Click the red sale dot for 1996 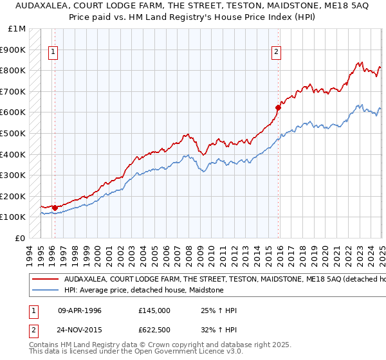point(55,208)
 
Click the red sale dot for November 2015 point(278,107)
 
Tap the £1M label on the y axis point(17,29)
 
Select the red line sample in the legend point(45,280)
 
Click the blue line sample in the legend point(45,291)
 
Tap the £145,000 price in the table point(154,310)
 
